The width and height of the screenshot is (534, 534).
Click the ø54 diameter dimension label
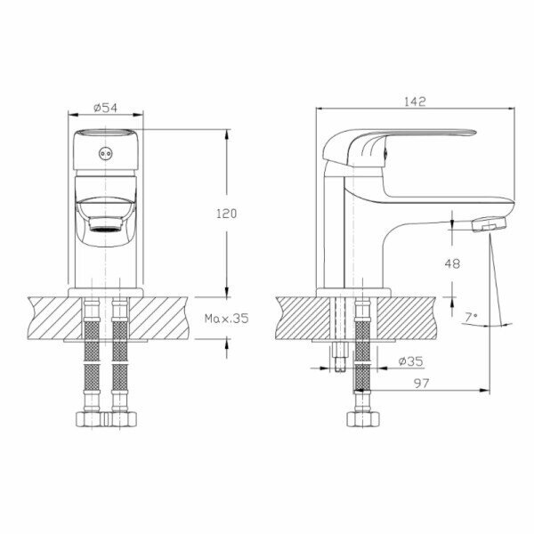click(105, 108)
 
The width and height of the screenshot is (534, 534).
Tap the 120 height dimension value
click(226, 214)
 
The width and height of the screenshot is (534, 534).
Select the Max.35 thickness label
click(226, 319)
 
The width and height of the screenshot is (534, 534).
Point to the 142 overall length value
click(415, 101)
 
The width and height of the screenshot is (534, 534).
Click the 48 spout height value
click(452, 263)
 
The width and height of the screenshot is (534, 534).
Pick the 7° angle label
click(471, 318)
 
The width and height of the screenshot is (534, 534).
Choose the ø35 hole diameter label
click(410, 361)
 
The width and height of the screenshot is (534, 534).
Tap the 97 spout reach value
click(422, 384)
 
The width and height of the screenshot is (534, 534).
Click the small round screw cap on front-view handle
click(105, 154)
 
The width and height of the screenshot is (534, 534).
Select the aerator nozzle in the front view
click(105, 224)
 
